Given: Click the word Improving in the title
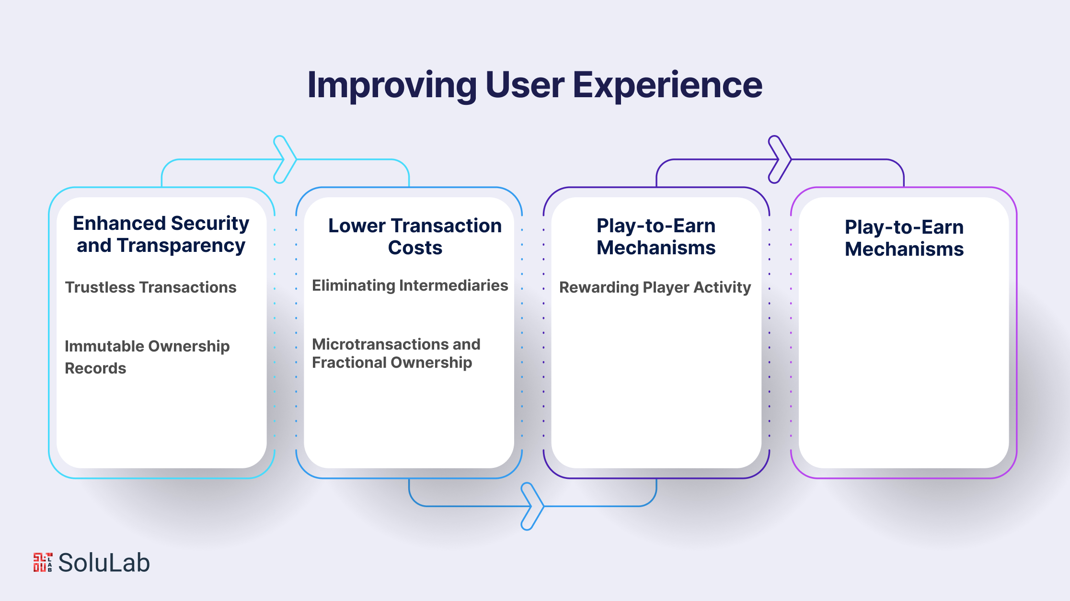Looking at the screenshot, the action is pos(392,85).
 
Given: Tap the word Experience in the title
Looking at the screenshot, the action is pos(667,85).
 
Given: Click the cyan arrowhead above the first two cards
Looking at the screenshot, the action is pos(286,159).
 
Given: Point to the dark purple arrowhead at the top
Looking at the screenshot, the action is pos(780,159).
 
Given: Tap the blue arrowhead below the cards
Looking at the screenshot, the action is pos(533,506).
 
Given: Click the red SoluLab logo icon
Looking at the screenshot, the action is pos(43,562).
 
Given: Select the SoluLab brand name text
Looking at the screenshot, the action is pos(104,563).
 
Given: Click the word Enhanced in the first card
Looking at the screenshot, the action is pos(119,223).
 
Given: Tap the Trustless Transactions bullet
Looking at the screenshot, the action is pos(151,287).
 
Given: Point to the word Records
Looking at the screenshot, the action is pos(95,368).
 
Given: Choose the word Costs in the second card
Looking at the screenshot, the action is pos(415,248).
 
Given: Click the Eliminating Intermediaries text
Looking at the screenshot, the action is pos(410,286).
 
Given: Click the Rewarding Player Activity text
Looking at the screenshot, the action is pos(655,287).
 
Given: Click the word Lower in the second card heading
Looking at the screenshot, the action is pos(357,226).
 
